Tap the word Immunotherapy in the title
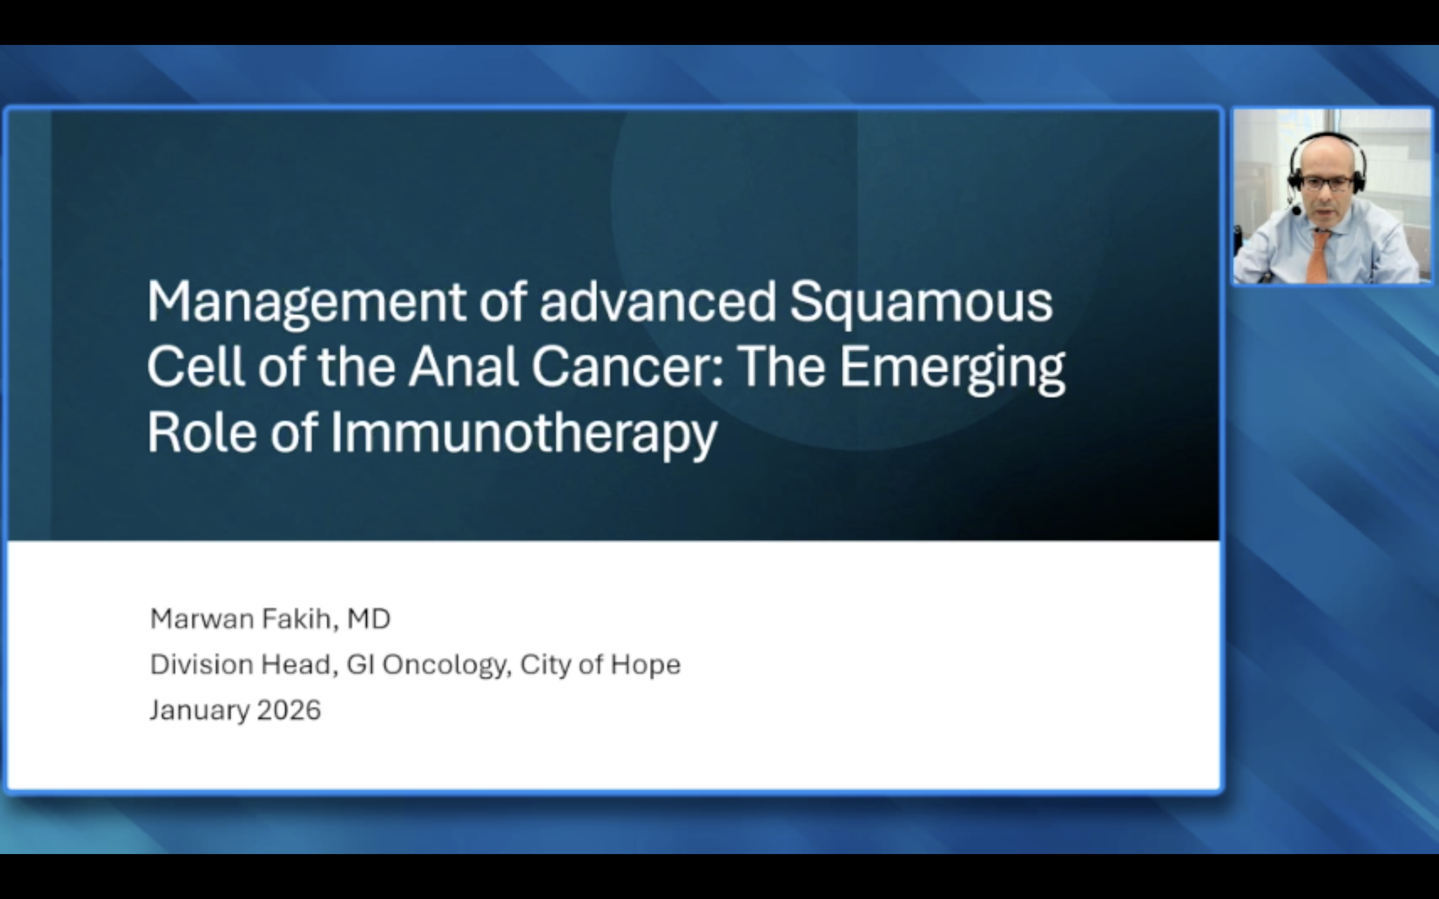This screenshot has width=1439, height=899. tap(523, 433)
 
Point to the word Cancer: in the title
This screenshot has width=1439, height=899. tap(627, 368)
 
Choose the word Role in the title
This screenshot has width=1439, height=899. tap(202, 433)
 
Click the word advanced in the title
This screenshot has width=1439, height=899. tap(658, 302)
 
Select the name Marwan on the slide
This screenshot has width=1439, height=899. tap(202, 619)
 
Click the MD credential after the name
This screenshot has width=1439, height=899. tap(369, 619)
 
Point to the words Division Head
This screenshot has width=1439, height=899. tap(241, 664)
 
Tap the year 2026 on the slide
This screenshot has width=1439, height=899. tap(289, 710)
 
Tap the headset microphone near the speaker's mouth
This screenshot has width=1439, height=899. tap(1296, 210)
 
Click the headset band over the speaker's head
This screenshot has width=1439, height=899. tap(1327, 138)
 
